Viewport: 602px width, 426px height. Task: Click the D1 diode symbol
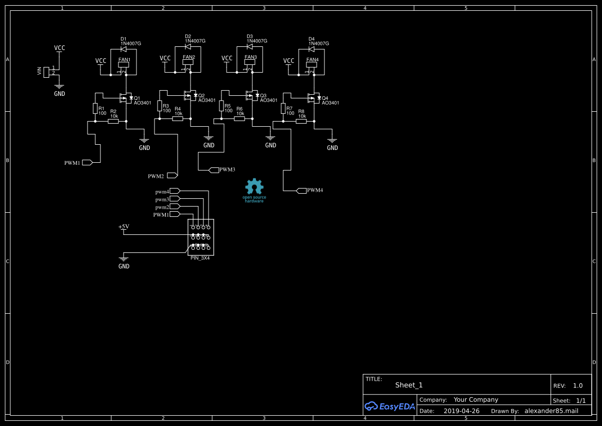(124, 49)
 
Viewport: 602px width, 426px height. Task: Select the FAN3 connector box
(250, 62)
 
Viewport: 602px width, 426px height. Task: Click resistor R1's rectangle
(95, 108)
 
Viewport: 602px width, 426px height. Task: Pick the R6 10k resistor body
(239, 118)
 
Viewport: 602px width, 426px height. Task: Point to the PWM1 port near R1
(87, 162)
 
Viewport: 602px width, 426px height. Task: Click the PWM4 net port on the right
(301, 191)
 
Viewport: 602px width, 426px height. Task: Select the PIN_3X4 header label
(200, 258)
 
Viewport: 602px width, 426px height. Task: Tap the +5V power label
(124, 227)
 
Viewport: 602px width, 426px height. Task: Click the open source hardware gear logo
(254, 188)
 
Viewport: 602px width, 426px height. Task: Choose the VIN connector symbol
(46, 72)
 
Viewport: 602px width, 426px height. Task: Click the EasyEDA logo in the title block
(390, 406)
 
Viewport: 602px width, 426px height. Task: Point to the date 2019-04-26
(461, 411)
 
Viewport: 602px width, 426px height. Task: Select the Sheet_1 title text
(409, 385)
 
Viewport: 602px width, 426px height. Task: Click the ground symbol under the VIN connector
(59, 88)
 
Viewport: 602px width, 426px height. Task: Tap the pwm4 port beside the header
(175, 191)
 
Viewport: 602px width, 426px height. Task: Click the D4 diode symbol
(312, 49)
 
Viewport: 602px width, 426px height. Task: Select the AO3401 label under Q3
(268, 100)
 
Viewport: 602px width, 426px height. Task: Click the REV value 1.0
(578, 385)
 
